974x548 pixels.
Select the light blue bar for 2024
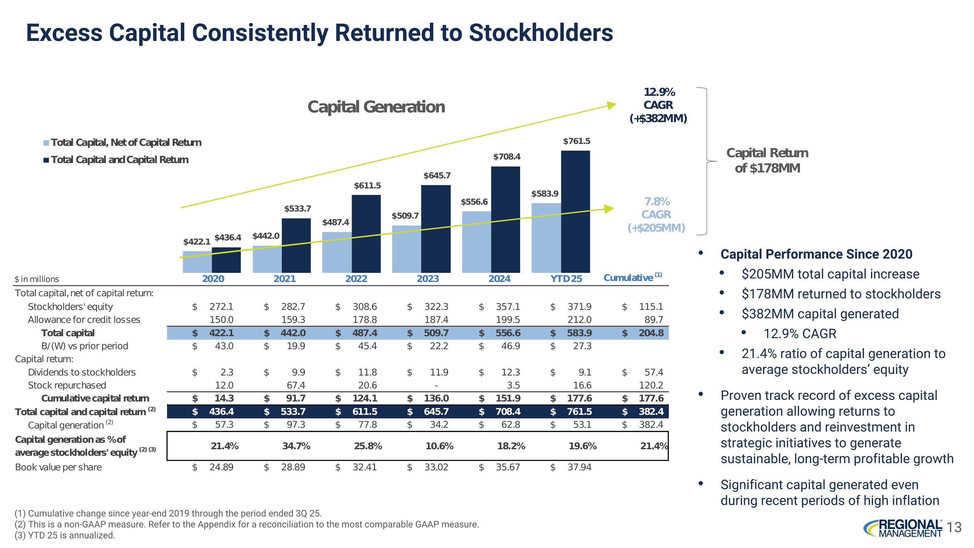point(476,242)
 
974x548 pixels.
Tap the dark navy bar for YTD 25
point(575,211)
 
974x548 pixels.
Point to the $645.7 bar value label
point(437,175)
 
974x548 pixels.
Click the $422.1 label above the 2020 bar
point(197,241)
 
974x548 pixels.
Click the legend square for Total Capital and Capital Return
point(46,160)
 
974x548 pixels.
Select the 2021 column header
point(284,279)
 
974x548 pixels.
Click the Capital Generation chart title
point(376,107)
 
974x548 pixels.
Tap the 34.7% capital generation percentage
point(296,446)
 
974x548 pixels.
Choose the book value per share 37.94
point(579,467)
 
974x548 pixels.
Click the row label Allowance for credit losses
point(84,320)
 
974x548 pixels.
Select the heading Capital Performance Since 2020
point(816,254)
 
